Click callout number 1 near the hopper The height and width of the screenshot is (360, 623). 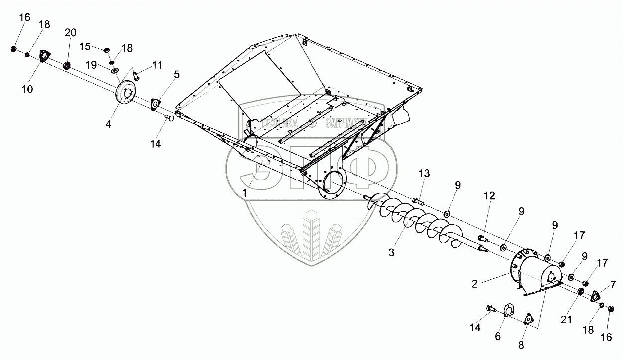244,192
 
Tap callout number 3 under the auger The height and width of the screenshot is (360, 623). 392,253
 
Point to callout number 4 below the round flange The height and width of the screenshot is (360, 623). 108,124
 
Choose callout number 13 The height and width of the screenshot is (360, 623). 424,173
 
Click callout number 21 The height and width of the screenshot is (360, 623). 566,320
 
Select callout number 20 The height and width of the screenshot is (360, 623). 70,33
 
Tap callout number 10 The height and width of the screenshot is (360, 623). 27,89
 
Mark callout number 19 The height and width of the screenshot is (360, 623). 90,64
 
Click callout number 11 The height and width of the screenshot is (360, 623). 157,65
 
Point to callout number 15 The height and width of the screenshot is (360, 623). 85,46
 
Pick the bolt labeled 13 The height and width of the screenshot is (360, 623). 418,201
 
